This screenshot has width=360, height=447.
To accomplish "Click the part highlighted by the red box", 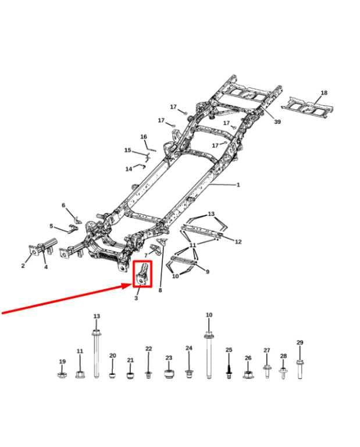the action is pos(142,274).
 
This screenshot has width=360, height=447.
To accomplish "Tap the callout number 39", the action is pos(277,122).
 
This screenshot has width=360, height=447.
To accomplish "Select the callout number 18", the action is pos(324,93).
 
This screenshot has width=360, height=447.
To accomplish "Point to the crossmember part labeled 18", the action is pos(308,107).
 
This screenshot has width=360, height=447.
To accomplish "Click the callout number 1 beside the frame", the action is pos(238,185).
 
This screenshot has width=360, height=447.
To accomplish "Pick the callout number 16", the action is pos(144,137).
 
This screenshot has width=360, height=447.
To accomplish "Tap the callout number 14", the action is pos(129,169).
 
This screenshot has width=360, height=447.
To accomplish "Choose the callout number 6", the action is pos(63,205).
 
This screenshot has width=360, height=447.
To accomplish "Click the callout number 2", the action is pos(23,265).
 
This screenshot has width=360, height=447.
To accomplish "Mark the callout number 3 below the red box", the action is pos(136,298).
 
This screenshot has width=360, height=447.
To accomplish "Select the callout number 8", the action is pos(160,290).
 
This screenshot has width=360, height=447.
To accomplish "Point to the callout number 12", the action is pos(238,242).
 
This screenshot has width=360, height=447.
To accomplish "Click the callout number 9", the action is pos(208,272).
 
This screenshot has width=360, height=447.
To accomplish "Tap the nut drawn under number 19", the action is pos(62,375).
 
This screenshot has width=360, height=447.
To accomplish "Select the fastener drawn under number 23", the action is pos(169,374).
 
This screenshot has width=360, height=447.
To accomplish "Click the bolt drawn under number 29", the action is pos(300,369).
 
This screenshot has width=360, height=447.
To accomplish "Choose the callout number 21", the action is pos(130,360).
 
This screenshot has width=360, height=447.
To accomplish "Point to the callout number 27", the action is pos(266,350).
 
